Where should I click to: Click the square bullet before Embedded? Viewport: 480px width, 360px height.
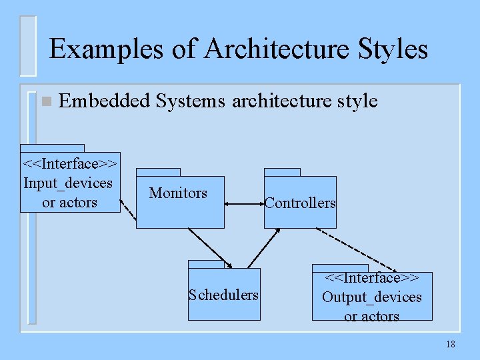click(x=45, y=102)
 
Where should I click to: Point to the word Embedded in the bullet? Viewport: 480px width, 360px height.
click(x=105, y=101)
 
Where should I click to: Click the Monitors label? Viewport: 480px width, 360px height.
click(x=178, y=193)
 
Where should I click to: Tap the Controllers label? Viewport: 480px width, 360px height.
click(x=300, y=203)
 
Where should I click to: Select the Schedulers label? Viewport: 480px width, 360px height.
click(x=224, y=295)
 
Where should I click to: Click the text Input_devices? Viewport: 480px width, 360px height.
click(x=68, y=183)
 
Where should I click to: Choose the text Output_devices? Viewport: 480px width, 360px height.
click(x=371, y=297)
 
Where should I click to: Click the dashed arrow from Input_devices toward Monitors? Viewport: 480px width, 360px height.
click(x=129, y=203)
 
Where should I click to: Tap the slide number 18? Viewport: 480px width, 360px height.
click(x=450, y=344)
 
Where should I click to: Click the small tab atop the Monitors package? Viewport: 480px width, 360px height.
click(x=158, y=172)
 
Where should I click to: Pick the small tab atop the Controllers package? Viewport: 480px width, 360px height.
click(x=282, y=172)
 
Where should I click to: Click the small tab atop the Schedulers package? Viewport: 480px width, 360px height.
click(x=206, y=264)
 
